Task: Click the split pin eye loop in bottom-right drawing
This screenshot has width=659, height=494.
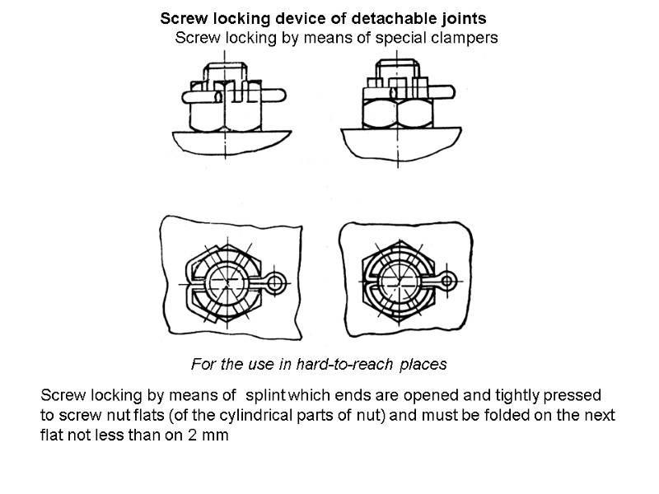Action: pos(449,282)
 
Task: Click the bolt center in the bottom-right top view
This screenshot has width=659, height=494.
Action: pos(398,282)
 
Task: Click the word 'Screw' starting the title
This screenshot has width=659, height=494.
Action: pos(180,18)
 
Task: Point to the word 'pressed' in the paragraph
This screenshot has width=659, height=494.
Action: pos(577,394)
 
